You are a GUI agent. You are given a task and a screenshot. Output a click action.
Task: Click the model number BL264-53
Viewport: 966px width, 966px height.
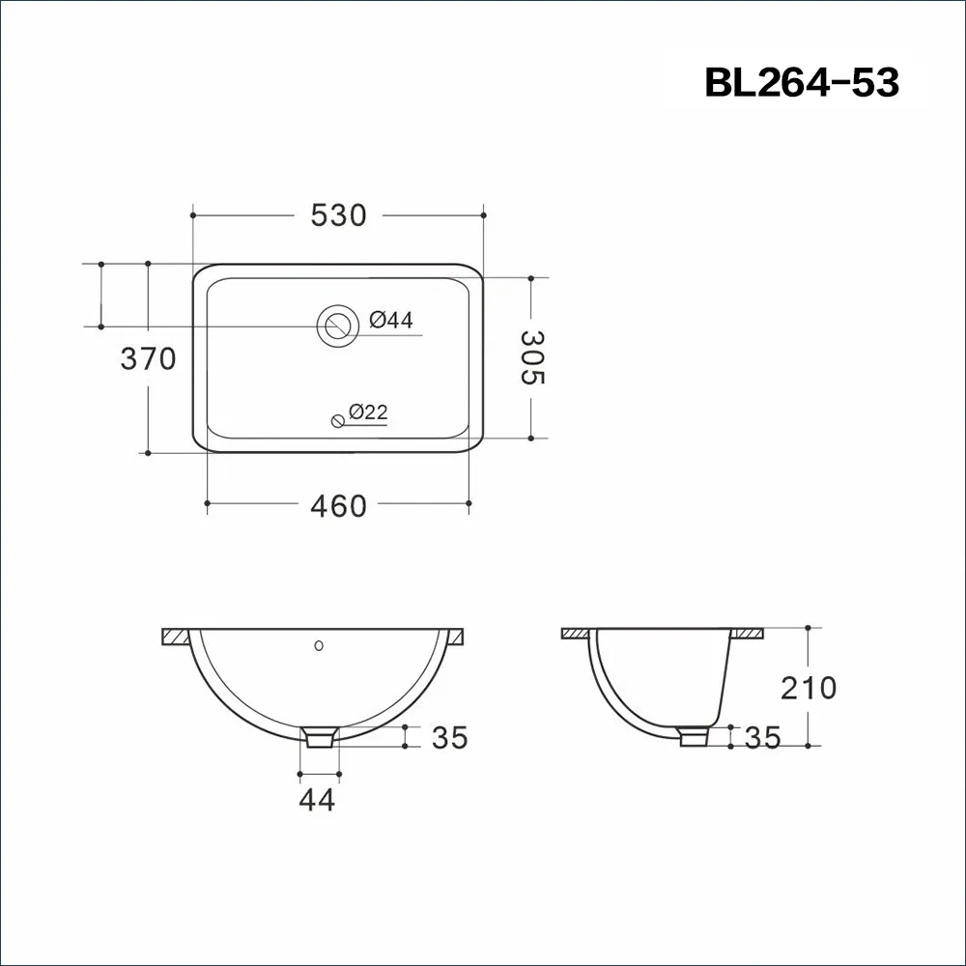802,83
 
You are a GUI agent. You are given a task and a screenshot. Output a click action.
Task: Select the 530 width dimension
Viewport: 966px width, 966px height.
338,215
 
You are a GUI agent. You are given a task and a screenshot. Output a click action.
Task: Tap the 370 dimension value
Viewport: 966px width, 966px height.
148,359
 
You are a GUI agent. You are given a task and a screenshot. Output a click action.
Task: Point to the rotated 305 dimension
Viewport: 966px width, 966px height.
532,357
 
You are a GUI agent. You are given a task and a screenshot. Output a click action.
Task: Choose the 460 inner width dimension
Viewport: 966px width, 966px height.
338,505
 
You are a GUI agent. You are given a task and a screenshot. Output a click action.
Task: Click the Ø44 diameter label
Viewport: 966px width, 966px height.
391,320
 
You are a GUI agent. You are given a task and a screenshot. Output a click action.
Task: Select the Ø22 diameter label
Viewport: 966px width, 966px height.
368,412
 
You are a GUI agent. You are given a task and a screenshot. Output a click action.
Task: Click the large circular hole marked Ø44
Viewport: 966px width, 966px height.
337,325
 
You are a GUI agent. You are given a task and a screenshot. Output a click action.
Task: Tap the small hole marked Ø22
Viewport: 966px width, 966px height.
337,419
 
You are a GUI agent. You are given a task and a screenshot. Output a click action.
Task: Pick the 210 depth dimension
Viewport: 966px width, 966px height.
809,688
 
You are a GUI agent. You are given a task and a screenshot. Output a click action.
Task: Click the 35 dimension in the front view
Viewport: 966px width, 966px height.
449,738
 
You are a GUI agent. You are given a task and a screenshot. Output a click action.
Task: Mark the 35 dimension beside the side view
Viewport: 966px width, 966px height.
762,738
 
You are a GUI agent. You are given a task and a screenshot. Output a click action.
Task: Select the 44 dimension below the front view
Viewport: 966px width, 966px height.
318,800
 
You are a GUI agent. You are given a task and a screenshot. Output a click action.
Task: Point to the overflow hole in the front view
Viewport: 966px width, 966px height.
320,643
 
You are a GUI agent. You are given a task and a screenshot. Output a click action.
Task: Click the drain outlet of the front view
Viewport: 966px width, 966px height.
320,738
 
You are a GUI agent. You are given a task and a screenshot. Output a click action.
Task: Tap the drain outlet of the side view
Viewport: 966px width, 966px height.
693,737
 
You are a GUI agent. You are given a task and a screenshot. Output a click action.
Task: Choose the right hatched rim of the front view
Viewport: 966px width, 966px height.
454,637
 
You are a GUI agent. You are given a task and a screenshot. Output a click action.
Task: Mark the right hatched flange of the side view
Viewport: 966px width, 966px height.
748,633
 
